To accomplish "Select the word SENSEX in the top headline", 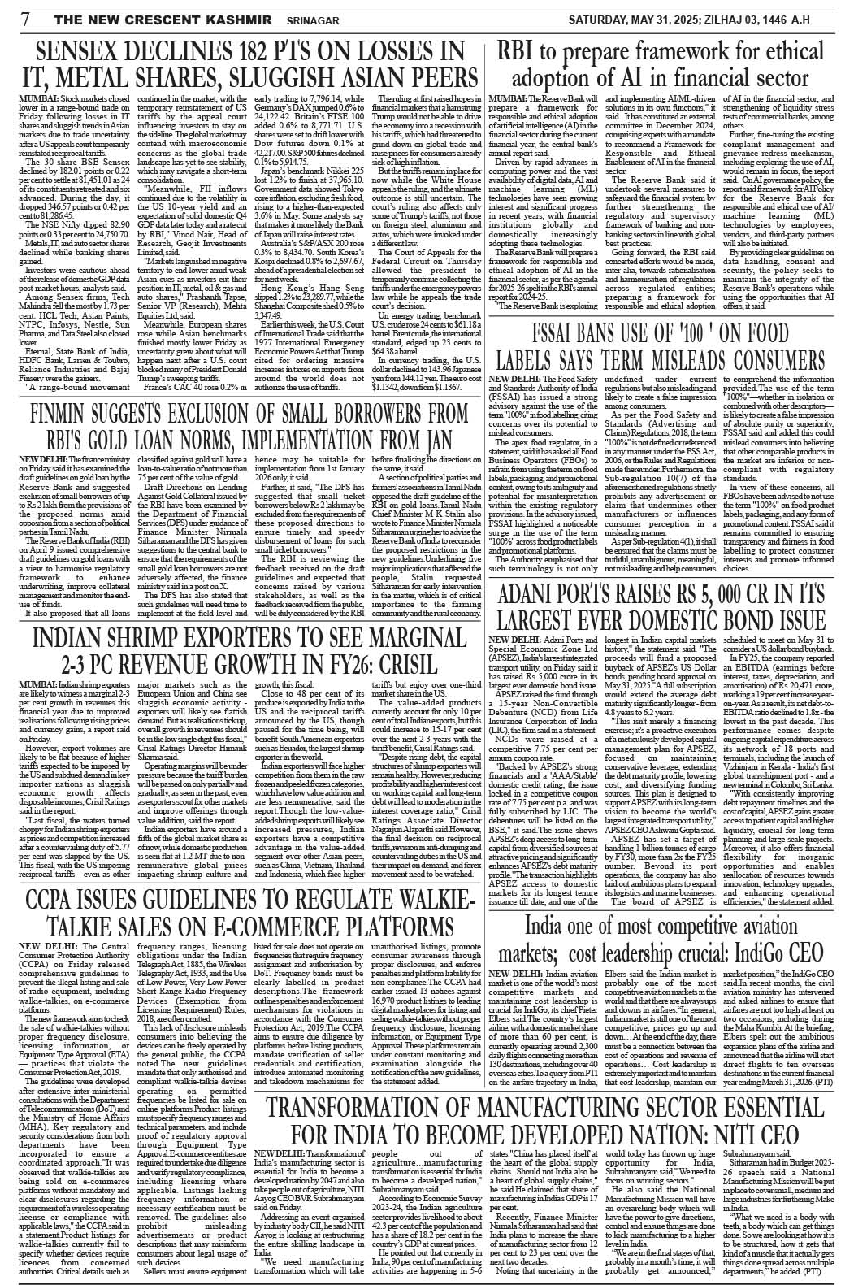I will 86,52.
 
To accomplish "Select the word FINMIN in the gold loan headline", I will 64,417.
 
